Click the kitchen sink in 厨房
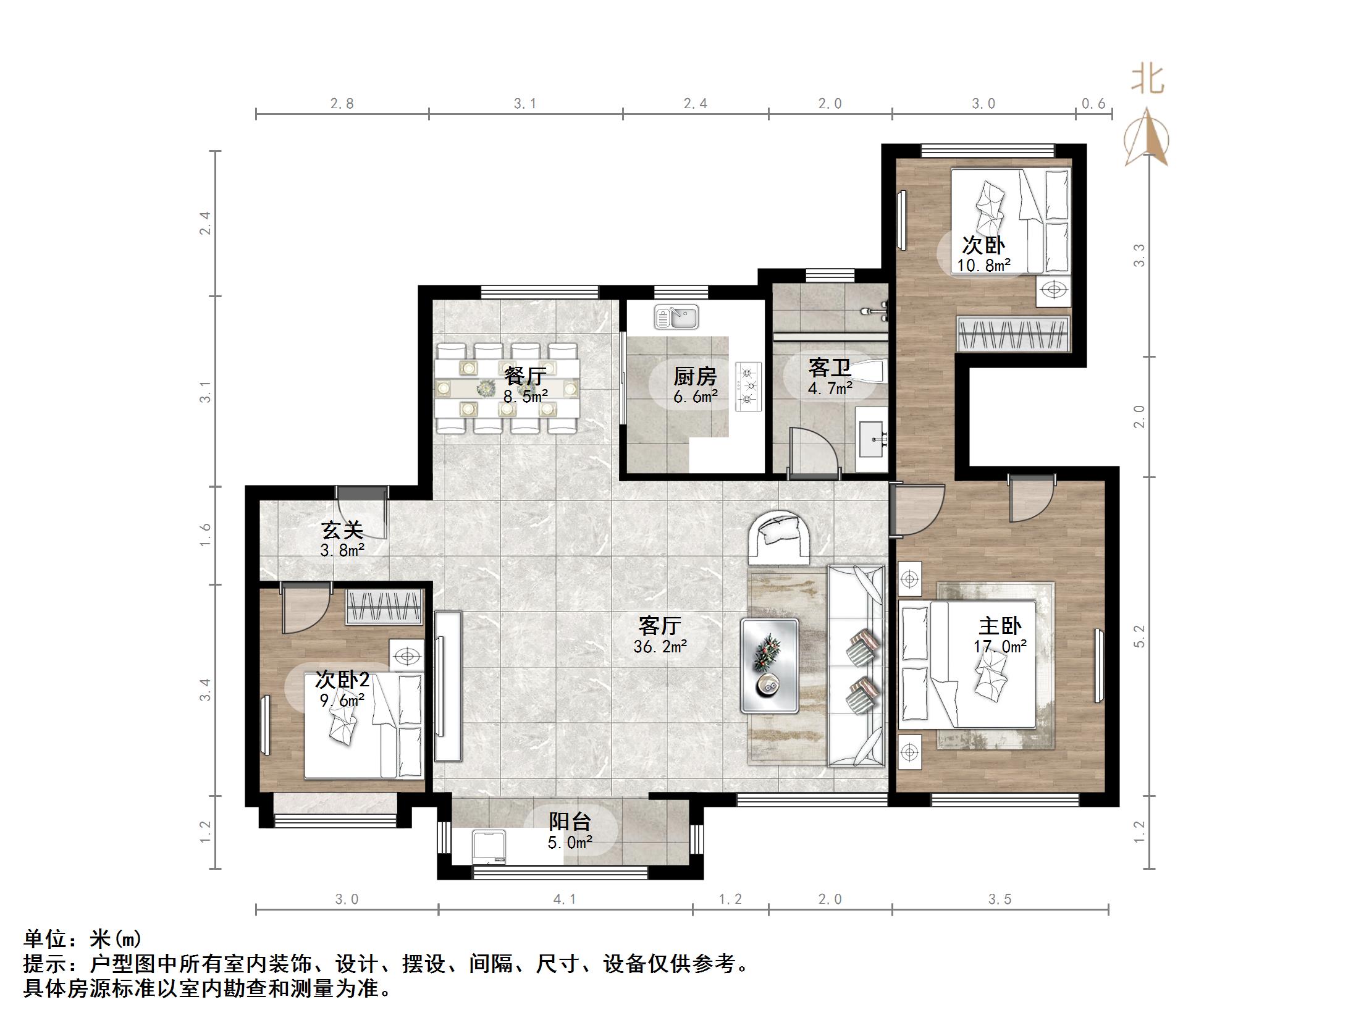pyautogui.click(x=676, y=318)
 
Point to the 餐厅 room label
pyautogui.click(x=524, y=376)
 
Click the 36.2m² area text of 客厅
pyautogui.click(x=660, y=647)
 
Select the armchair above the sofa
pyautogui.click(x=780, y=537)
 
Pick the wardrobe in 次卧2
pyautogui.click(x=384, y=607)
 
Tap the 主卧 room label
pyautogui.click(x=1000, y=626)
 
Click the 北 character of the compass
pyautogui.click(x=1148, y=80)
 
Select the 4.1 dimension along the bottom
pyautogui.click(x=565, y=899)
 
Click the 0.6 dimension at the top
pyautogui.click(x=1093, y=104)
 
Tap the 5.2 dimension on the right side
pyautogui.click(x=1140, y=636)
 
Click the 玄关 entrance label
pyautogui.click(x=342, y=529)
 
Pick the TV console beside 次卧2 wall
pyautogui.click(x=448, y=686)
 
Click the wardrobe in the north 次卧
pyautogui.click(x=1012, y=334)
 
